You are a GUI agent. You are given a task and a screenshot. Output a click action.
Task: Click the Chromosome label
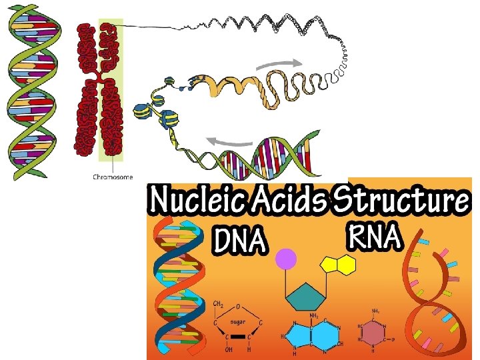[x=113, y=177]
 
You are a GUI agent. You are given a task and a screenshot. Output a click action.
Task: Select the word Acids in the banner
[x=291, y=199]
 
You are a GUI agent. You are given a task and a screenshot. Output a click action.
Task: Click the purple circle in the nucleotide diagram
[x=287, y=259]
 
